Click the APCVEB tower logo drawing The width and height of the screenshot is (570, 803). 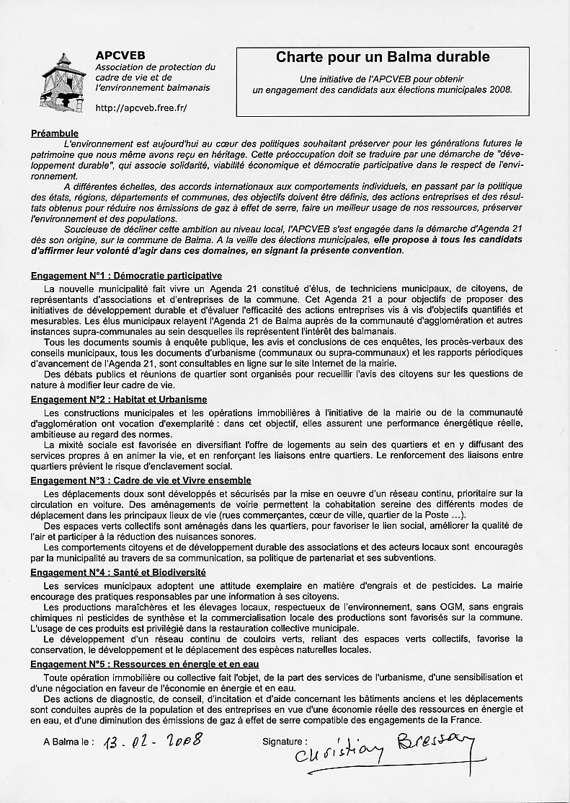pos(63,84)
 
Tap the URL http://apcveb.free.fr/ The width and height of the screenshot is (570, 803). pos(141,108)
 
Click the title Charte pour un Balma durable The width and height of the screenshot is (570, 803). pos(383,57)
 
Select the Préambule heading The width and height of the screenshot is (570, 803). pos(55,133)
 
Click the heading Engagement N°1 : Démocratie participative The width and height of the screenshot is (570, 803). pos(126,276)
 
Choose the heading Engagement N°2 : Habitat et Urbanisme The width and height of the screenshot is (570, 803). pos(119,399)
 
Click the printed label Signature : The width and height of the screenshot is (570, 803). pos(285,741)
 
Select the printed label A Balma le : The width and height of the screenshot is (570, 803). pos(68,742)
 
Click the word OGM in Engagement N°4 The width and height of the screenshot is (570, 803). pos(368,607)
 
